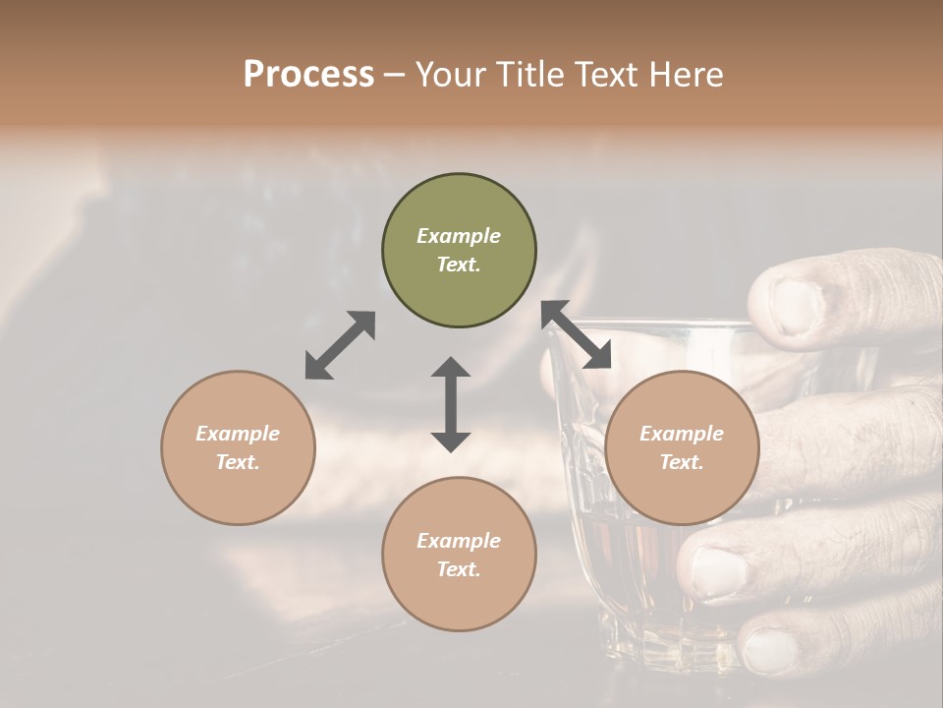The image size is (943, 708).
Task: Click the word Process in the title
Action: coord(308,75)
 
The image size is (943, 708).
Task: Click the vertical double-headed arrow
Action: coord(451,404)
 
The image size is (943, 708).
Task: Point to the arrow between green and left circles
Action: coord(340,345)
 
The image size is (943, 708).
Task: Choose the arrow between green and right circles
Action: coord(576,334)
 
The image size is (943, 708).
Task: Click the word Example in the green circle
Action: coord(459,236)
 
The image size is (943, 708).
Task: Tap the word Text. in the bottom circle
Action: coord(459,569)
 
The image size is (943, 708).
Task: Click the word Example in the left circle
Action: coord(238,434)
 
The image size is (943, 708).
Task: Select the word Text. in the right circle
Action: coord(682,462)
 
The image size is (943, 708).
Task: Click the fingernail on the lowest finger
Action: coord(769,652)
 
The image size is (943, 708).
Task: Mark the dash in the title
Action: coord(394,75)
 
